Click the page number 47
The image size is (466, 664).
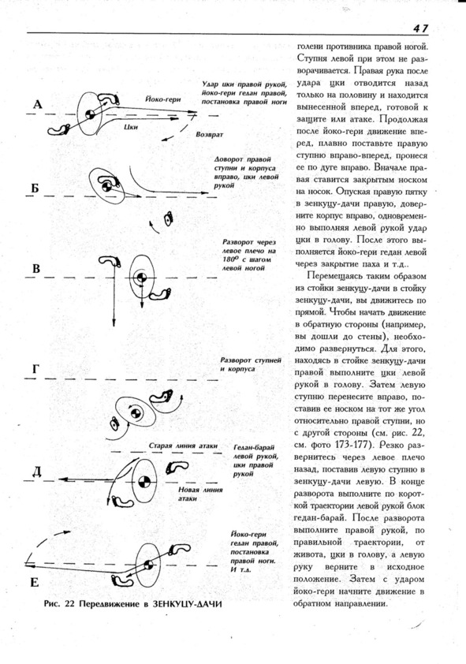coord(421,28)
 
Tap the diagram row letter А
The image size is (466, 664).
coord(38,104)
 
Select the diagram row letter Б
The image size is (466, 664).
coord(35,188)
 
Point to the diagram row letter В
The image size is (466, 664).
coord(36,268)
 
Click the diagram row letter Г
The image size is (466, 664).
coord(36,369)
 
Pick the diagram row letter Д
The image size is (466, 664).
coord(37,472)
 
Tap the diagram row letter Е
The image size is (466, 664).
coord(35,583)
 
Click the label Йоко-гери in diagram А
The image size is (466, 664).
coord(163,99)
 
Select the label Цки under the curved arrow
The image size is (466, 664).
coord(131,127)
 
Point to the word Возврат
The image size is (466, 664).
coord(209,135)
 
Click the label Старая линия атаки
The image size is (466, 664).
coord(183,446)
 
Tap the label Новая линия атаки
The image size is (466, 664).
coord(200,494)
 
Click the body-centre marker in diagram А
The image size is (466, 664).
coord(90,114)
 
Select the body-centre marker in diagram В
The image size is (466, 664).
coord(141,277)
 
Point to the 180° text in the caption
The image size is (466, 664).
coord(229,259)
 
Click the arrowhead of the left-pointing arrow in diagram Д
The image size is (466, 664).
coord(62,479)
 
